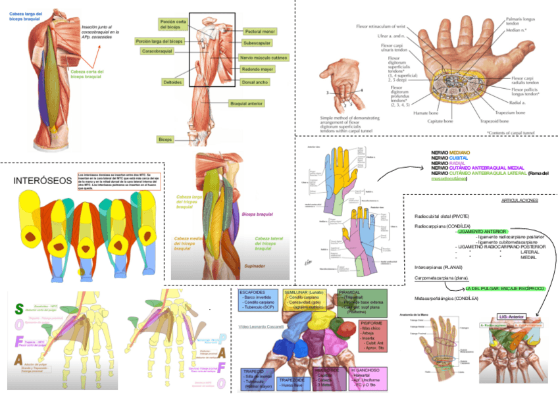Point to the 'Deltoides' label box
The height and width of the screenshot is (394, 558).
click(172, 82)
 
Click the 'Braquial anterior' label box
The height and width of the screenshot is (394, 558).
click(246, 103)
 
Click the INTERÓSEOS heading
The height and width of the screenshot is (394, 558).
click(39, 180)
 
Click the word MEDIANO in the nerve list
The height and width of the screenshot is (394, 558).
click(460, 153)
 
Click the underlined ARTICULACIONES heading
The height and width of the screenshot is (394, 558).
click(520, 201)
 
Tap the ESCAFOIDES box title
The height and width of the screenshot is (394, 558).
click(253, 291)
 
